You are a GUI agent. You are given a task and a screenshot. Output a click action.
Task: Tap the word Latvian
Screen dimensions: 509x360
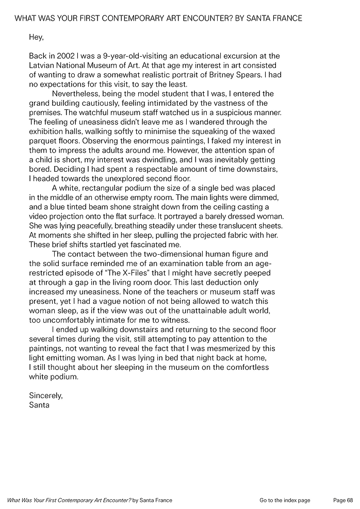click(x=43, y=65)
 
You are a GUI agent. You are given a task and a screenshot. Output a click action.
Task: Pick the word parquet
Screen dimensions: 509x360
click(x=43, y=141)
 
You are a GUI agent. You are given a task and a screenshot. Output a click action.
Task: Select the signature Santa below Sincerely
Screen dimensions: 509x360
click(x=39, y=405)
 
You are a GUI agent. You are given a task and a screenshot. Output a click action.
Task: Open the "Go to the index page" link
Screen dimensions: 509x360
click(x=285, y=500)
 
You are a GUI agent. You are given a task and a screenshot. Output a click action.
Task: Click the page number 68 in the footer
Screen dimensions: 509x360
click(x=350, y=500)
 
